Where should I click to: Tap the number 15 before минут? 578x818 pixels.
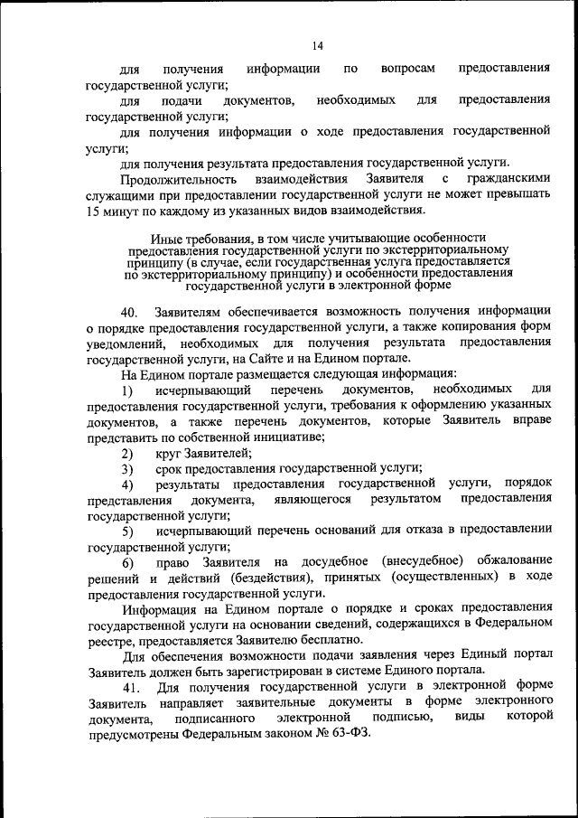point(95,212)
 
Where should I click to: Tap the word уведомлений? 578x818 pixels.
point(126,343)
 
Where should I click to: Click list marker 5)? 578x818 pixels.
point(128,531)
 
